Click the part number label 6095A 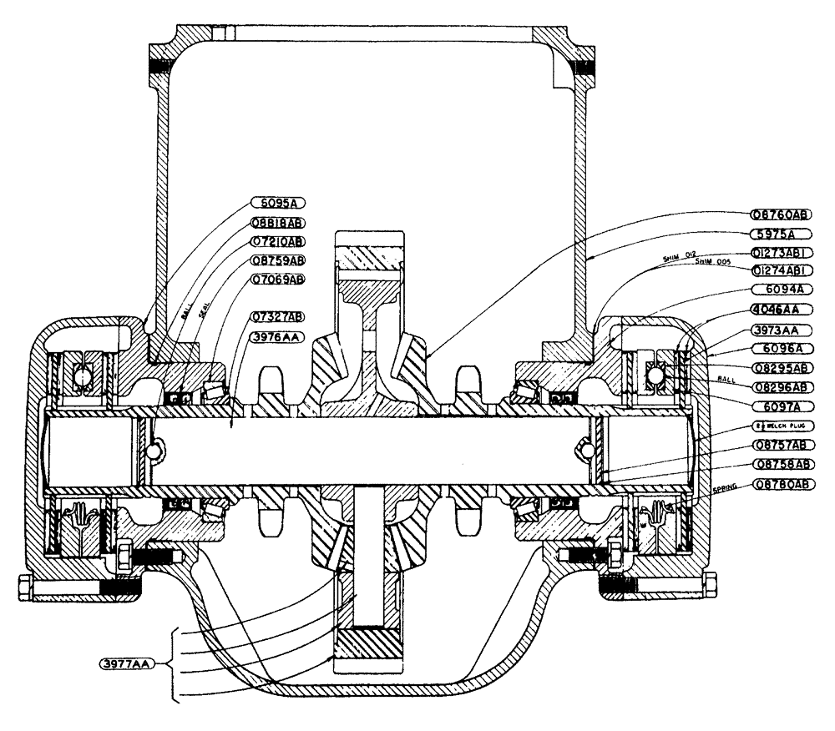276,203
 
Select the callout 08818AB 276,223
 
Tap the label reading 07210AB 276,242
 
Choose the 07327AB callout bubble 276,316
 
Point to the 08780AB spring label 781,484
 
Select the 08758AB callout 781,463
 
